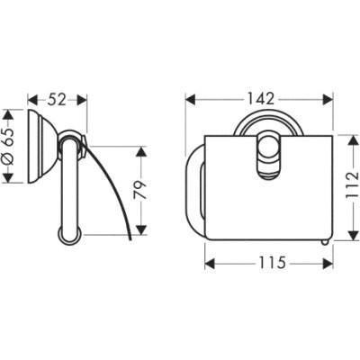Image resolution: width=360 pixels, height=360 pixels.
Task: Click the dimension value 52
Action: click(x=57, y=100)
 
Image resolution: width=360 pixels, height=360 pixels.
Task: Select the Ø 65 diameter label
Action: click(x=9, y=146)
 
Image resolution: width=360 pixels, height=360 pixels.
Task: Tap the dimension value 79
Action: click(x=140, y=191)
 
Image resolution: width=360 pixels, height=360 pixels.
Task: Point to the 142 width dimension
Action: click(x=260, y=99)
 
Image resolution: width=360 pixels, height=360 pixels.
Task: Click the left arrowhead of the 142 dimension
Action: click(x=191, y=99)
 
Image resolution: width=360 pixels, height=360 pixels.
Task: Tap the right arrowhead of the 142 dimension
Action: click(x=328, y=99)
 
